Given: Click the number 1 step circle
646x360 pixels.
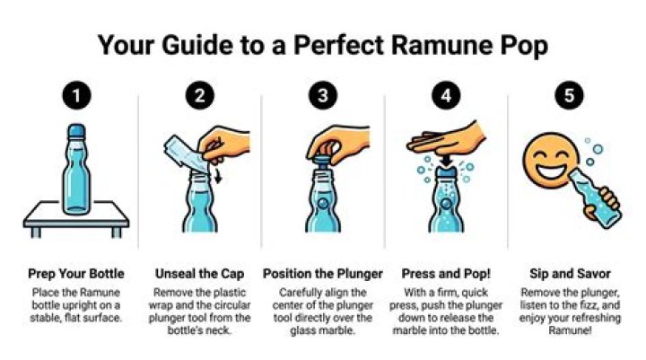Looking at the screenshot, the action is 76,95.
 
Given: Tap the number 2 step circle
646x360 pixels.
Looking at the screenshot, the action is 199,95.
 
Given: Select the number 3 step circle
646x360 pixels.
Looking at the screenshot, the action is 323,95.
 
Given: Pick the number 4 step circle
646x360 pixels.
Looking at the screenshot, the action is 446,95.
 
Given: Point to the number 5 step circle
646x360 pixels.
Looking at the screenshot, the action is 569,95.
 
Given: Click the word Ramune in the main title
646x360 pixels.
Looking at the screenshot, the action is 441,45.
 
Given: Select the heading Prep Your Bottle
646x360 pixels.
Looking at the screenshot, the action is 76,274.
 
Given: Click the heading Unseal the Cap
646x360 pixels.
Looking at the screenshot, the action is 199,274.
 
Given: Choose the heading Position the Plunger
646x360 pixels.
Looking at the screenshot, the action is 323,274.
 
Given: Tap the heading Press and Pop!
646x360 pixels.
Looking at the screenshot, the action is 446,274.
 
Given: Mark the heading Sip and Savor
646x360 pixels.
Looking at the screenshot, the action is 570,274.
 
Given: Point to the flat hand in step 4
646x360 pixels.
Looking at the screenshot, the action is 447,139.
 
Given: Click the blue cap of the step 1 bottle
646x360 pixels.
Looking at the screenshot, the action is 76,132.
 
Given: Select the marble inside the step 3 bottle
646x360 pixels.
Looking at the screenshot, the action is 323,203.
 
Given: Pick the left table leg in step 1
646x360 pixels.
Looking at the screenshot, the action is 36,233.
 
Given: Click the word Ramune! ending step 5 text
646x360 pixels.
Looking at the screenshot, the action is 570,330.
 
